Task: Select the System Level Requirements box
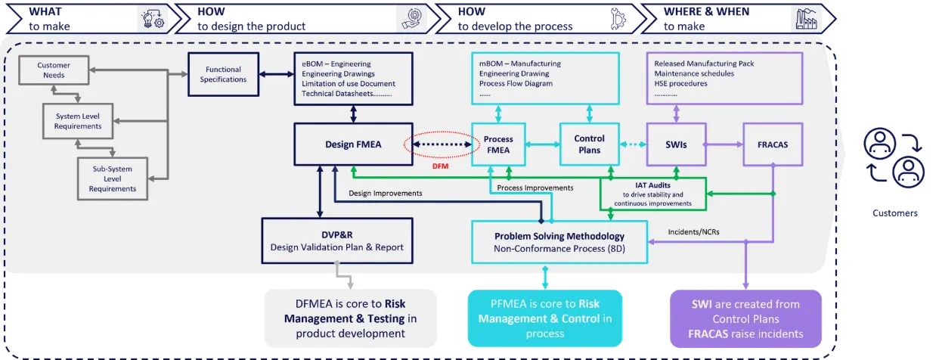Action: tap(79, 121)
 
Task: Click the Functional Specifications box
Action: tap(223, 74)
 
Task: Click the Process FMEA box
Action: tap(497, 144)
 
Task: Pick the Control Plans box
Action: tap(589, 144)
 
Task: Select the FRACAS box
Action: tap(773, 144)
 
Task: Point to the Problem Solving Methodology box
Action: tap(559, 242)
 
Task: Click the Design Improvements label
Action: tap(386, 193)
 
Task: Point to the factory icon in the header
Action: tap(806, 18)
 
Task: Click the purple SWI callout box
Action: tap(745, 318)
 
